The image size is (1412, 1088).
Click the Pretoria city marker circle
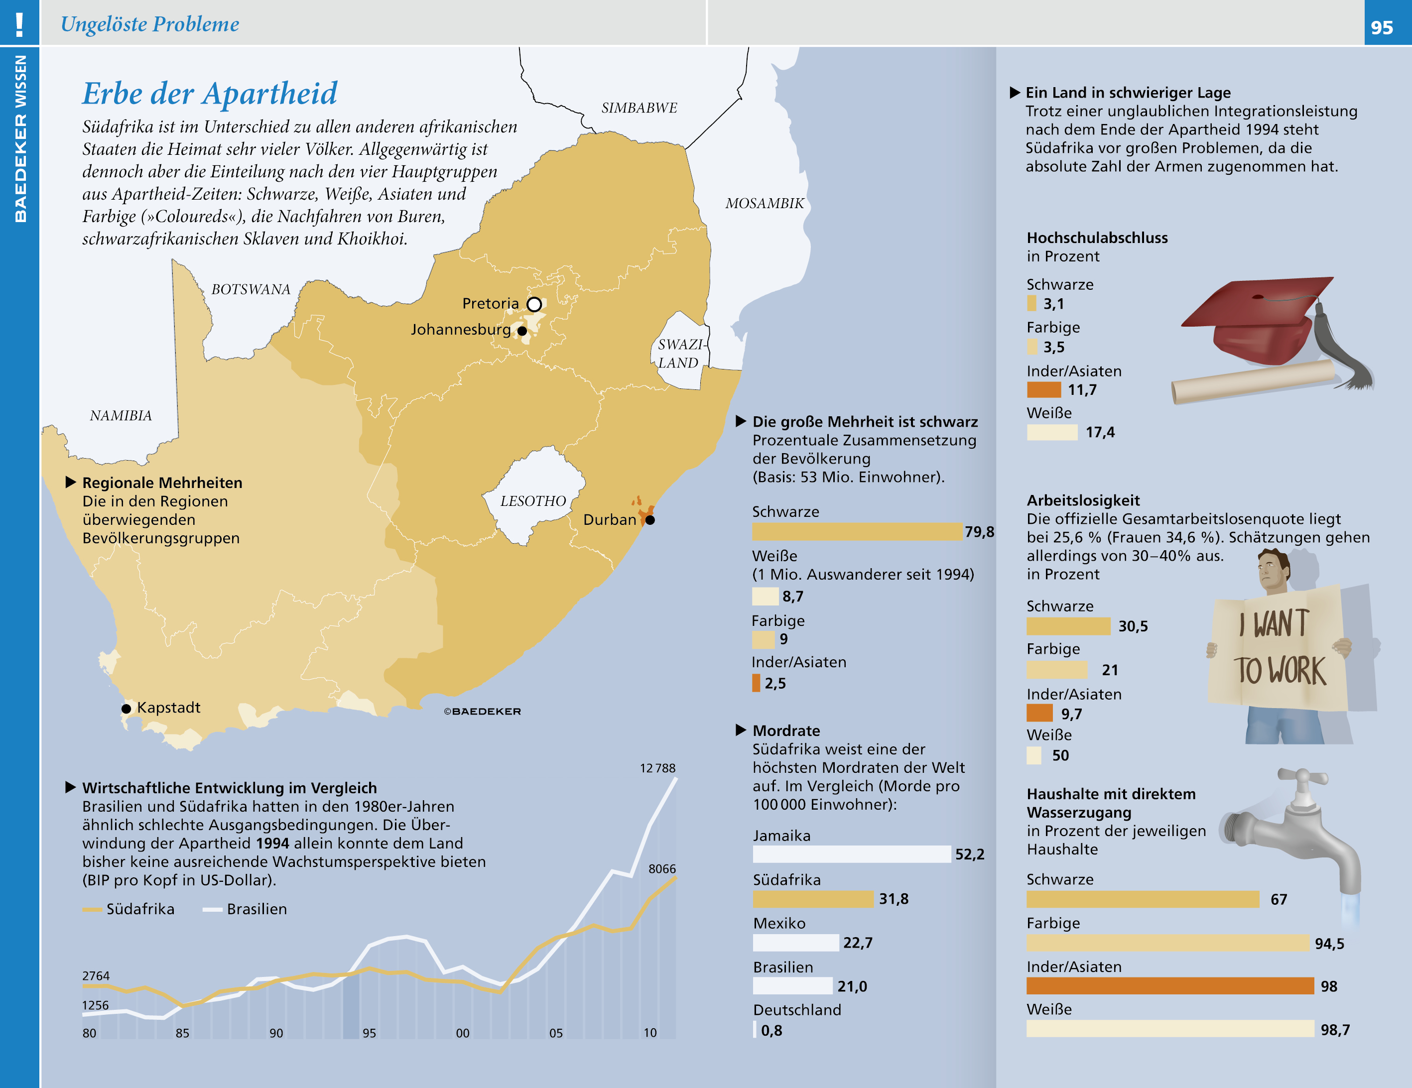[534, 304]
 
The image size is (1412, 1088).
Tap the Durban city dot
[650, 520]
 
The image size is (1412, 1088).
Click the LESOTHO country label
[533, 501]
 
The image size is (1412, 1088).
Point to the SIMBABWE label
[639, 108]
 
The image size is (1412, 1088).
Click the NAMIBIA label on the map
[121, 416]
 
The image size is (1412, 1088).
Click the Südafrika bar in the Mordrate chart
[813, 899]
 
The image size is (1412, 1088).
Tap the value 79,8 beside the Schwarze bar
[979, 531]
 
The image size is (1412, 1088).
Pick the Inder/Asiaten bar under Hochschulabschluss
[1043, 390]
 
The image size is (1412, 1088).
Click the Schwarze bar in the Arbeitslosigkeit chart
[1068, 626]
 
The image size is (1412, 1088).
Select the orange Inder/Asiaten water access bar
[1169, 986]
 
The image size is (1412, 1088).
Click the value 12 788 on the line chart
[657, 768]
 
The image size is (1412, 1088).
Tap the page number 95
[1382, 27]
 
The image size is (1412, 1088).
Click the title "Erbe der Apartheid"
[210, 94]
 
